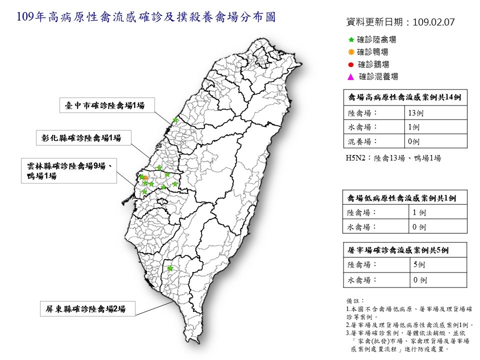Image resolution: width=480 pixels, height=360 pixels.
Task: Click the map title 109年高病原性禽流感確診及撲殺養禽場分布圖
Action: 145,18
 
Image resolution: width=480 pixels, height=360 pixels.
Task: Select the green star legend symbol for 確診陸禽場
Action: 351,39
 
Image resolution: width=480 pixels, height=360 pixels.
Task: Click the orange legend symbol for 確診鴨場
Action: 351,51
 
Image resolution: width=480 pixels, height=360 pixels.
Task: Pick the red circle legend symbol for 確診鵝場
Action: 351,64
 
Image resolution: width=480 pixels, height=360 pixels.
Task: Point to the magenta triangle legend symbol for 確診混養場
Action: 351,77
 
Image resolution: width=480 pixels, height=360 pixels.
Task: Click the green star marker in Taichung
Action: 175,120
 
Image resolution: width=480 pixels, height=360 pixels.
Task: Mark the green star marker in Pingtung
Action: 170,268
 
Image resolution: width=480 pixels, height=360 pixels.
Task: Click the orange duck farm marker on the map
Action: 145,178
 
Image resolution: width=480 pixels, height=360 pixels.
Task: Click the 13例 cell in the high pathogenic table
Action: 415,113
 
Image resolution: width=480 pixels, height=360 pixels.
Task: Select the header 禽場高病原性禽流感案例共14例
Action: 404,98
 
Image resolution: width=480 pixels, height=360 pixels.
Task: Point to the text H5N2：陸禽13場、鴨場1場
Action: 393,158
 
